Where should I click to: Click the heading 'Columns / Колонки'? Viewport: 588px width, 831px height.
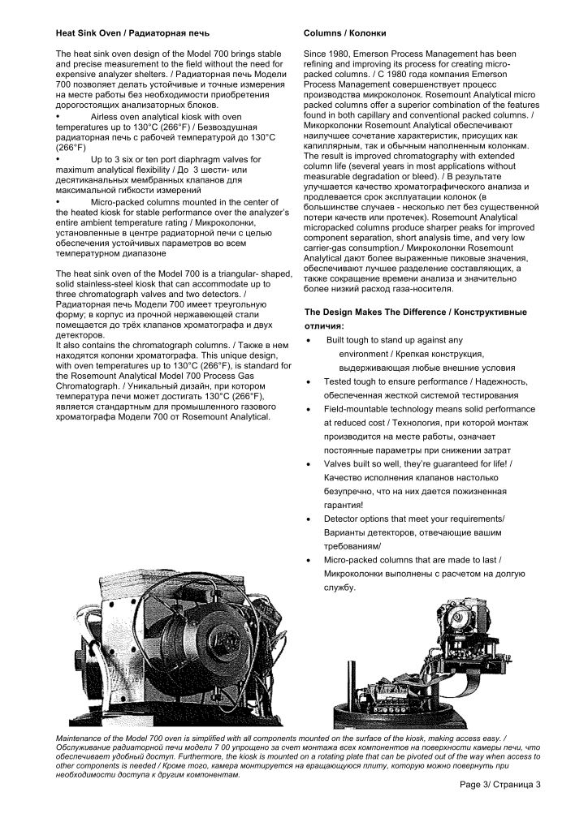[x=344, y=33]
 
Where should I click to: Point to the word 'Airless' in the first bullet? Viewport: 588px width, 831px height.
[x=106, y=118]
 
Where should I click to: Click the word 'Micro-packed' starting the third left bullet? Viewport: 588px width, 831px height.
[x=117, y=200]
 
